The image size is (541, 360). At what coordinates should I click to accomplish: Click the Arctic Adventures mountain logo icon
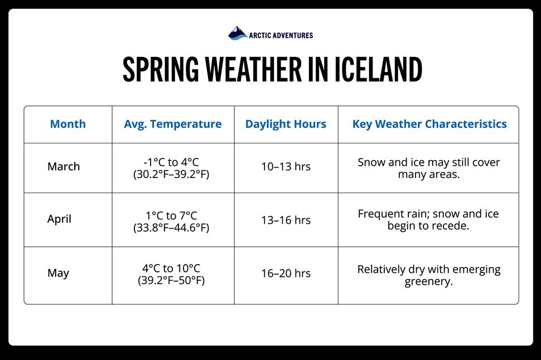(x=238, y=33)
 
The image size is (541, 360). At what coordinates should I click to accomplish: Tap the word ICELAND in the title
(x=379, y=69)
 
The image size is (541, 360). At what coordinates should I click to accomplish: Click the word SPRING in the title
(x=161, y=69)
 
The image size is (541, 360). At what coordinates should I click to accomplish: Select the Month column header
(x=68, y=124)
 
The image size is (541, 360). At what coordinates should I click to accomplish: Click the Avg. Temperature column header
(x=173, y=124)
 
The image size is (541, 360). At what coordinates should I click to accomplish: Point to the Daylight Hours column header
(x=286, y=124)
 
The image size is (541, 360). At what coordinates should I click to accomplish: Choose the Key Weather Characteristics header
(x=429, y=124)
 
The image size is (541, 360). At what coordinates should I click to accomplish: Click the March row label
(x=64, y=166)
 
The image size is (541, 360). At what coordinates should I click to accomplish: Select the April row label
(x=59, y=219)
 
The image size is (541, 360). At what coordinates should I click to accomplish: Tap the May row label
(x=59, y=273)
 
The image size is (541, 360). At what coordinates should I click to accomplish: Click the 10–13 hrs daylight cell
(x=286, y=167)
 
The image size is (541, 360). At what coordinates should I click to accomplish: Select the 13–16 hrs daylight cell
(x=286, y=220)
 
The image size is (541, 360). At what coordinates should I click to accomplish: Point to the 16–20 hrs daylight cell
(x=286, y=273)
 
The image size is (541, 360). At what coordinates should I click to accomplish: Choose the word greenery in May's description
(x=428, y=282)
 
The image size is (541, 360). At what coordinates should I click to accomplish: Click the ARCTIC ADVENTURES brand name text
(x=281, y=35)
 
